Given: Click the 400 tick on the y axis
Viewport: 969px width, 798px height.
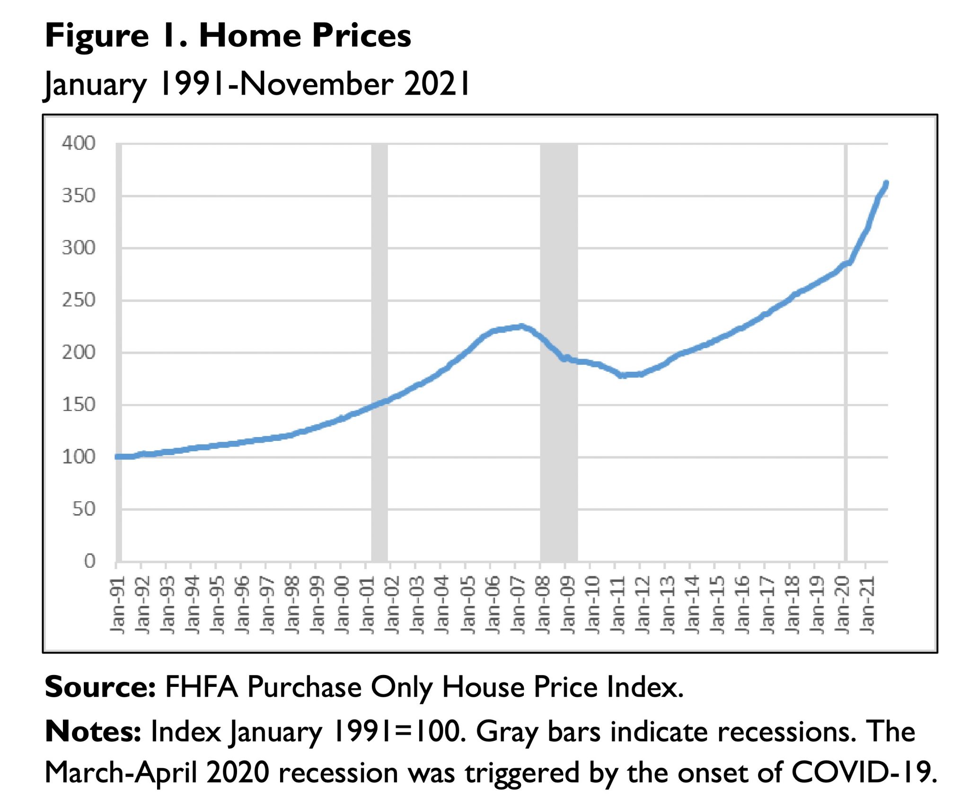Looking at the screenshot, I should pyautogui.click(x=79, y=143).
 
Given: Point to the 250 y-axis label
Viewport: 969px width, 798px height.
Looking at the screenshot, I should pyautogui.click(x=79, y=300).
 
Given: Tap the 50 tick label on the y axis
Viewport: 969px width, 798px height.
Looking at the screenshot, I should pyautogui.click(x=84, y=509).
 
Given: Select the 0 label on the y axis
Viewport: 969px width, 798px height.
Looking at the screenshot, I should pyautogui.click(x=89, y=561).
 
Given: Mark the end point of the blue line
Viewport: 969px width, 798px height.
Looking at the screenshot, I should pyautogui.click(x=886, y=183).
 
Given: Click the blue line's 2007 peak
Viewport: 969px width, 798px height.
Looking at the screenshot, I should pyautogui.click(x=521, y=326).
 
